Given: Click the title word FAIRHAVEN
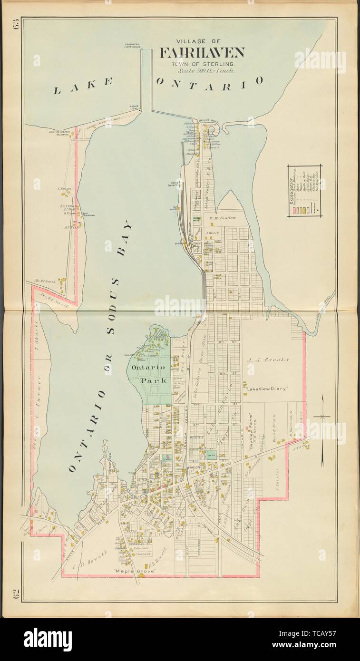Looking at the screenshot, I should coord(202,53).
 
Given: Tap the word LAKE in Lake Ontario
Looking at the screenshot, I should coord(83,87).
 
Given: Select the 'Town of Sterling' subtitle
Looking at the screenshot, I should coord(203,63).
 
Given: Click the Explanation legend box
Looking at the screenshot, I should coord(305,190).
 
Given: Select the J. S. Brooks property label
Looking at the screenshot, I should coord(268,360).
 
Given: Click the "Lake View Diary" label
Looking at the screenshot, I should coord(268,389).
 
